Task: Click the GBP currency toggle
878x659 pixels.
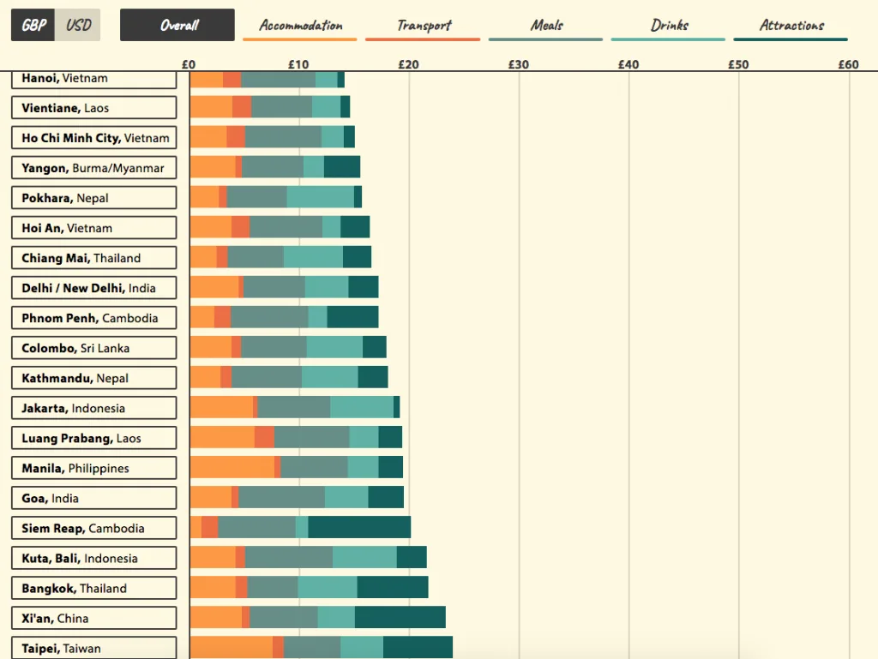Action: pos(33,25)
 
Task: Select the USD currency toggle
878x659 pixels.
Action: pos(78,25)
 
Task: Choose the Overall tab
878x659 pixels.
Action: pos(177,25)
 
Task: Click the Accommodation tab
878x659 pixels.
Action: pos(300,26)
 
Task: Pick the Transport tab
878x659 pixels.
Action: pos(423,26)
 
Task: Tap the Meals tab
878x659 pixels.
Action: pos(545,26)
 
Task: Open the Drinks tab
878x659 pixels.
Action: pos(668,26)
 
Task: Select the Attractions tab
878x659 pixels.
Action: pos(791,26)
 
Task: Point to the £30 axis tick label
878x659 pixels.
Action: pos(518,64)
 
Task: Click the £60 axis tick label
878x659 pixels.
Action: pos(847,64)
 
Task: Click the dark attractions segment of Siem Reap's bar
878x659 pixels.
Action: pos(359,528)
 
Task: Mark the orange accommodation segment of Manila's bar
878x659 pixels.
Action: pos(232,468)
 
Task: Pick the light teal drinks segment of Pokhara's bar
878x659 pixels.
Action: pos(320,198)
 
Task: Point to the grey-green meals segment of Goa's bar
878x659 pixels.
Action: pos(281,498)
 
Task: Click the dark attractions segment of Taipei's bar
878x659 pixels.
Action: pos(418,648)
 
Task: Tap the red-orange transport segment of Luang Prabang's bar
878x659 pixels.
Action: pos(264,438)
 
